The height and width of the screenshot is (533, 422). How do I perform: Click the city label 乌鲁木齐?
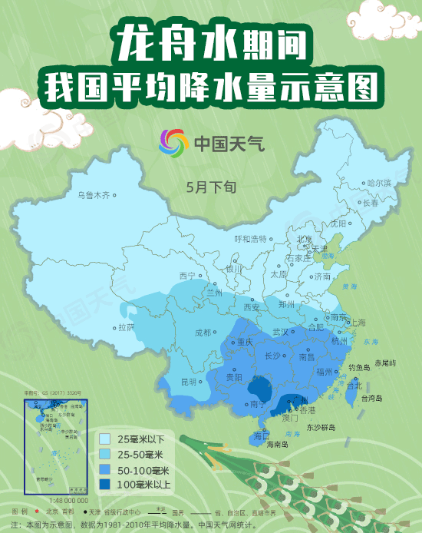[x=94, y=195]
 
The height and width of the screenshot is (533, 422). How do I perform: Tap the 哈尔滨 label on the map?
[x=379, y=183]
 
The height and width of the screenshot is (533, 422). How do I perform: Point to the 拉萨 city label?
[x=126, y=326]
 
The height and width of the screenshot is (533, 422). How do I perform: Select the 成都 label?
[x=203, y=333]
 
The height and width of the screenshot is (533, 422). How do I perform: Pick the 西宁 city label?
[x=187, y=276]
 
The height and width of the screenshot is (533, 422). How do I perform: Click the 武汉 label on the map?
[x=280, y=332]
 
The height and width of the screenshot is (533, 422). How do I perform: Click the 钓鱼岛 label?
[x=359, y=368]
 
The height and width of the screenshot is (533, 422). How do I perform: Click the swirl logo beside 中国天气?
[x=173, y=143]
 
